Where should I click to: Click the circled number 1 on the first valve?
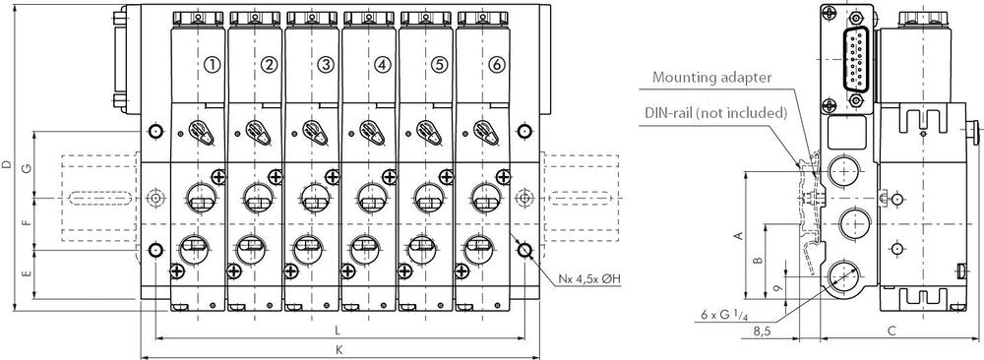212,65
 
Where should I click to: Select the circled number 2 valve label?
269,65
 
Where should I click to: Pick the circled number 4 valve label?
383,65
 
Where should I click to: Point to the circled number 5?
440,65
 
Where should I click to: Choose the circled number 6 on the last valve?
497,65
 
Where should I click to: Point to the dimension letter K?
338,348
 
